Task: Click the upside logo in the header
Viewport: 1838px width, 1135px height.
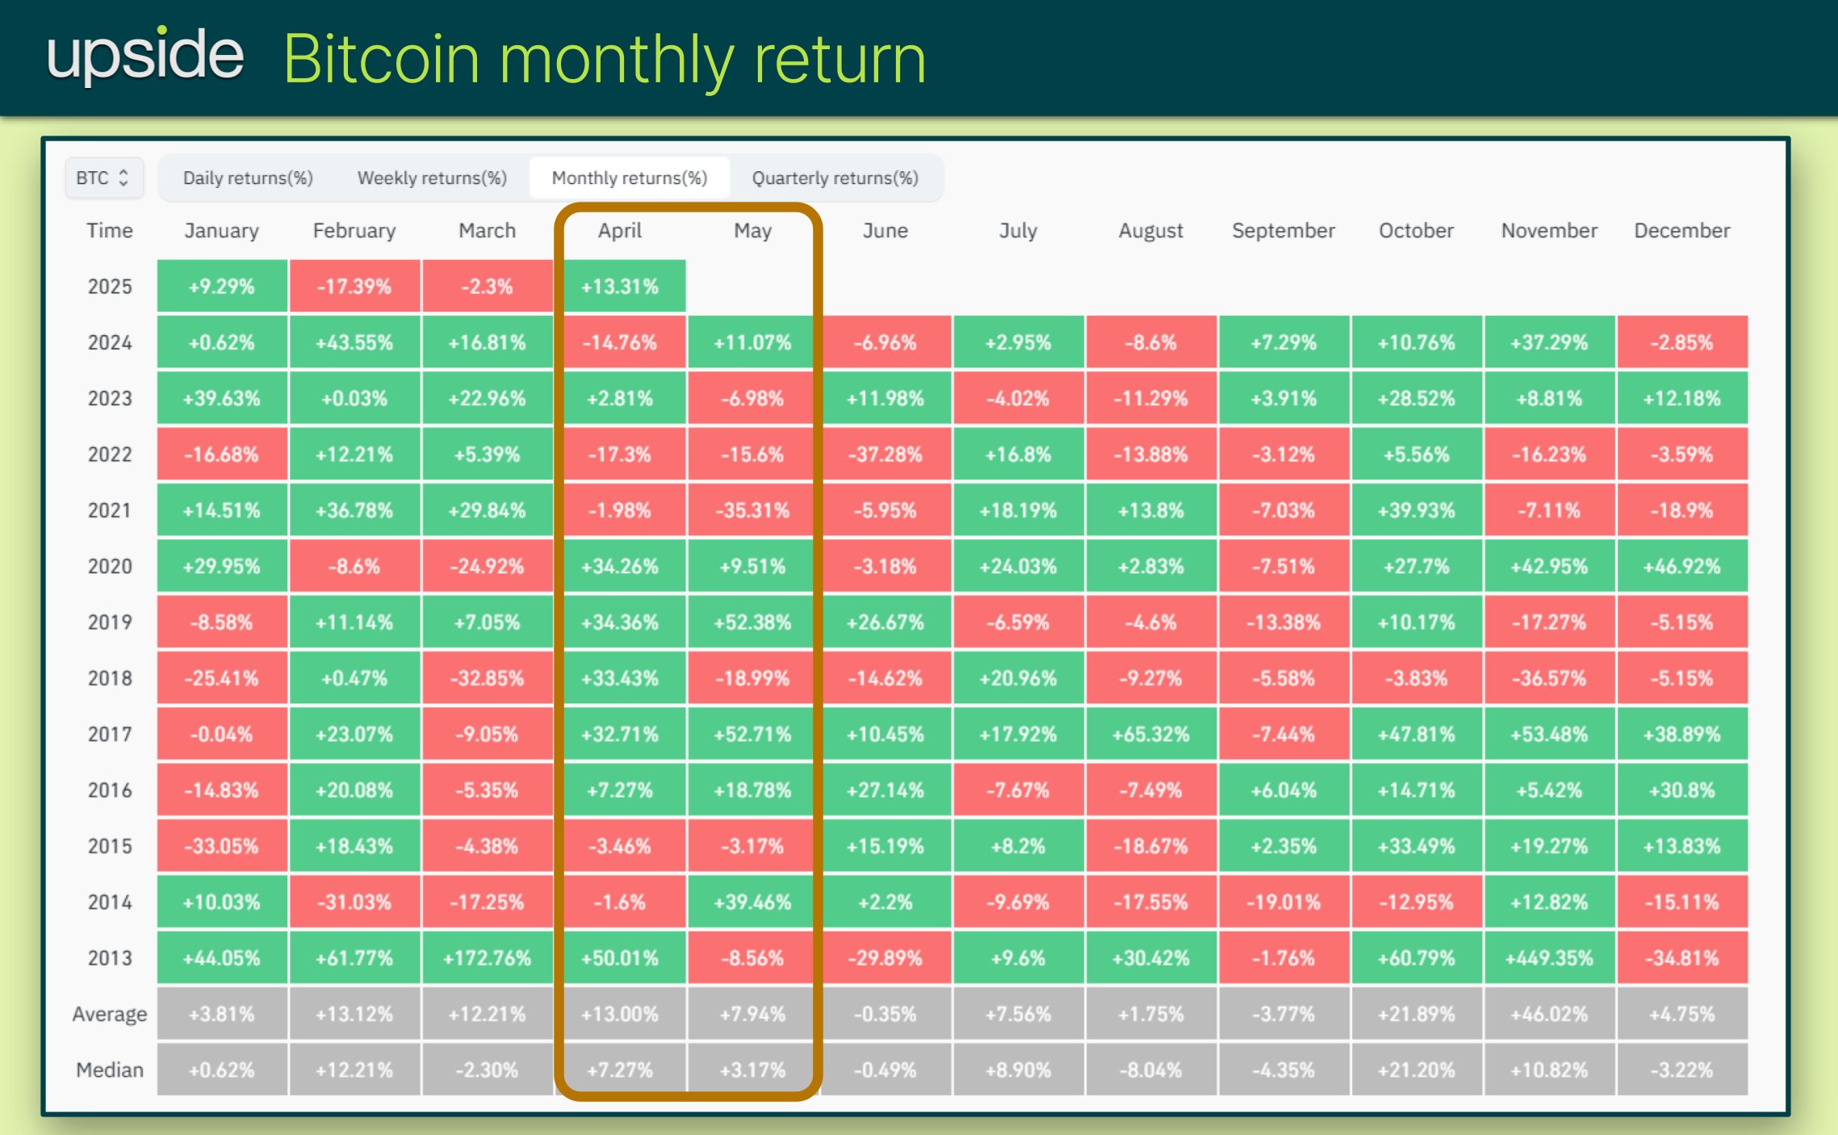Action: click(x=145, y=56)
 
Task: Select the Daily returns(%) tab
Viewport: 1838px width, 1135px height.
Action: click(x=248, y=178)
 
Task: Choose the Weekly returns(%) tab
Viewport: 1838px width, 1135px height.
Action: click(x=432, y=178)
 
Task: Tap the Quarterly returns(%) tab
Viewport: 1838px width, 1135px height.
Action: click(x=835, y=178)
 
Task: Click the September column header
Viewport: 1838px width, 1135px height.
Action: click(x=1283, y=231)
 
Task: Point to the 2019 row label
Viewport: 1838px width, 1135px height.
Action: click(x=110, y=622)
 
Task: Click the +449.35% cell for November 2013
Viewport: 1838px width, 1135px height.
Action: click(x=1548, y=958)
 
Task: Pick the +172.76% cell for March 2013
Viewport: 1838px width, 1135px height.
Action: click(x=487, y=958)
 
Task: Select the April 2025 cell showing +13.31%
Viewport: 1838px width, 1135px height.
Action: click(x=620, y=287)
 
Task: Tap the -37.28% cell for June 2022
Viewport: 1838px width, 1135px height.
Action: click(x=885, y=454)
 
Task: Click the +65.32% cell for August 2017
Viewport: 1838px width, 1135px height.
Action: click(x=1150, y=735)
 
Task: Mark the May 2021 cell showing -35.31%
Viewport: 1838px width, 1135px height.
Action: click(x=752, y=510)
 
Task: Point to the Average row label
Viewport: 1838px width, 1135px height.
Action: click(x=110, y=1014)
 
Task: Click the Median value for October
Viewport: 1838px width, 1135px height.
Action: click(x=1416, y=1070)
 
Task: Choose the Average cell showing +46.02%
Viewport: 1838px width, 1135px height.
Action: click(x=1548, y=1014)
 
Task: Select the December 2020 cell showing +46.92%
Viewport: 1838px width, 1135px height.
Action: click(x=1681, y=567)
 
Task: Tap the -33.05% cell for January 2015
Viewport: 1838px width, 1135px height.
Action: click(x=221, y=847)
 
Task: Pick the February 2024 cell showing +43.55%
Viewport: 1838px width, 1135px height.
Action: click(x=354, y=343)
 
